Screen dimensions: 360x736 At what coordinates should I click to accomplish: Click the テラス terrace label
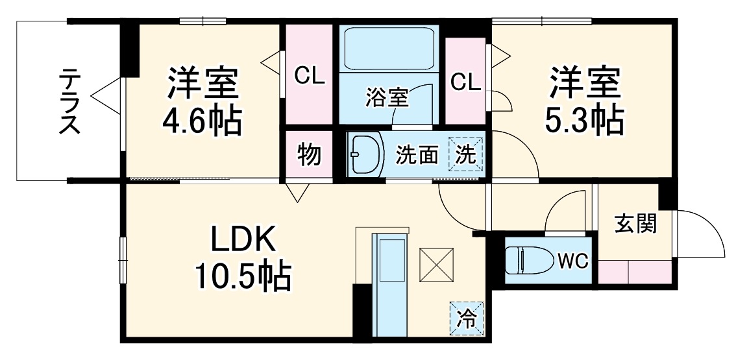pyautogui.click(x=70, y=101)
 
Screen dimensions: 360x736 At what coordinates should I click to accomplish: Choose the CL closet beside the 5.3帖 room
pyautogui.click(x=465, y=82)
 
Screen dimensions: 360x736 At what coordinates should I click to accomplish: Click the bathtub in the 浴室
pyautogui.click(x=389, y=49)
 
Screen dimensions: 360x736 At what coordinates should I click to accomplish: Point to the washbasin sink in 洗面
pyautogui.click(x=365, y=155)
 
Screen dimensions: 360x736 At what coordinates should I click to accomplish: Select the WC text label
pyautogui.click(x=572, y=261)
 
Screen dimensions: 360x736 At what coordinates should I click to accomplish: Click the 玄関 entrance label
pyautogui.click(x=636, y=224)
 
